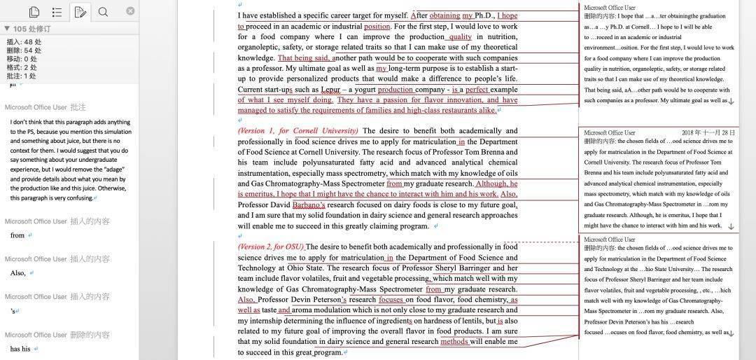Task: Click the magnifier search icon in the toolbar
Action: pyautogui.click(x=103, y=12)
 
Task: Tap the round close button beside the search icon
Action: pyautogui.click(x=130, y=11)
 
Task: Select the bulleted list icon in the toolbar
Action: pyautogui.click(x=57, y=12)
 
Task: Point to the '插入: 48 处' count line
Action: pyautogui.click(x=24, y=41)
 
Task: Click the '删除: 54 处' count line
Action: pyautogui.click(x=24, y=50)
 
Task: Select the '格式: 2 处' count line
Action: pyautogui.click(x=22, y=68)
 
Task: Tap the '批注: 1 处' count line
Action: pyautogui.click(x=22, y=76)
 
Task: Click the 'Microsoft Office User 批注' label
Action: pyautogui.click(x=45, y=107)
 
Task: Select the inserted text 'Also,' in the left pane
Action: pyautogui.click(x=17, y=273)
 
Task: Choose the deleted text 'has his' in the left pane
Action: pyautogui.click(x=20, y=349)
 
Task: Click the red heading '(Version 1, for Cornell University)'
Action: pyautogui.click(x=298, y=131)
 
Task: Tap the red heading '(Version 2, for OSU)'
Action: pyautogui.click(x=271, y=247)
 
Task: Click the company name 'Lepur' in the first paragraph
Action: pyautogui.click(x=330, y=90)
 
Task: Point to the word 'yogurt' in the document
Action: pyautogui.click(x=363, y=90)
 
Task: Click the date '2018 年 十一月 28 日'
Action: pyautogui.click(x=708, y=132)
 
